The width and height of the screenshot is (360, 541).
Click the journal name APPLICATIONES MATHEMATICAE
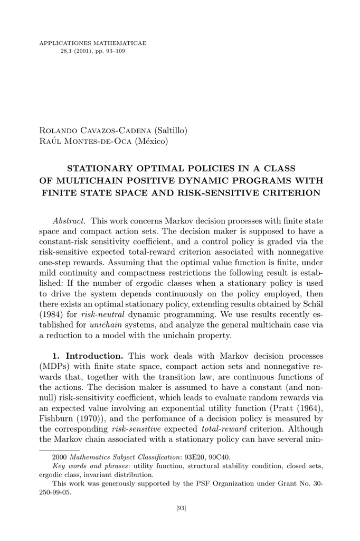(x=93, y=43)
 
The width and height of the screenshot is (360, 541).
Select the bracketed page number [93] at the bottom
(x=180, y=508)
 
